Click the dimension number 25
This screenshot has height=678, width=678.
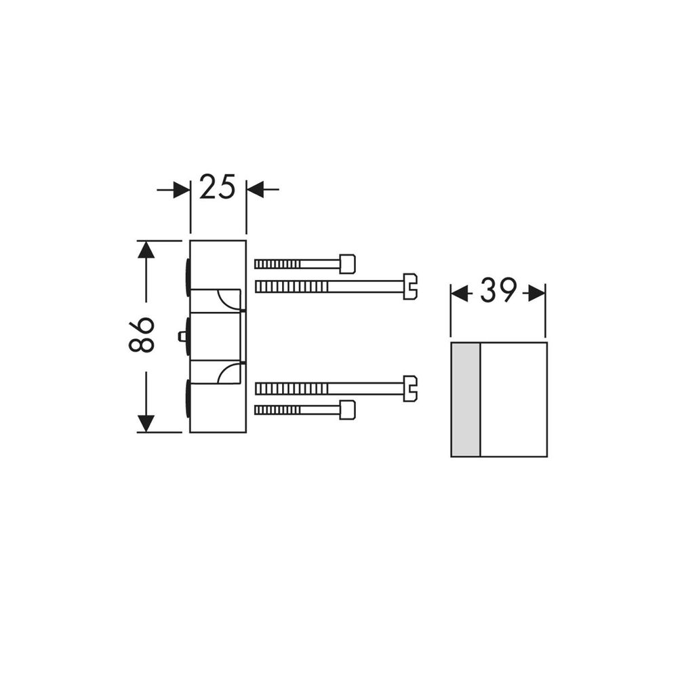(x=218, y=187)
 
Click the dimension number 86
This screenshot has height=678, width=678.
(x=142, y=335)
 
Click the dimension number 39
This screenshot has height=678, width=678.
(x=498, y=292)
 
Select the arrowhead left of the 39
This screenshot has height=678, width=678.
(x=460, y=293)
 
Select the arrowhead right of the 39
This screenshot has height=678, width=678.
(x=537, y=293)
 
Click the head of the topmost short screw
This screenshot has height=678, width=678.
(x=347, y=264)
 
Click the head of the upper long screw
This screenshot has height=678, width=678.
(x=410, y=286)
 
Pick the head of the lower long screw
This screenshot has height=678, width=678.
(x=410, y=388)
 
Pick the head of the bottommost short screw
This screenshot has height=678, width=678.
(x=347, y=410)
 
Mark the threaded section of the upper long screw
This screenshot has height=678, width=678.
(x=292, y=287)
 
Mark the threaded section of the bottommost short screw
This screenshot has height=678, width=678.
(x=277, y=410)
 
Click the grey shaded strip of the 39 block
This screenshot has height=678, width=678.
(x=466, y=399)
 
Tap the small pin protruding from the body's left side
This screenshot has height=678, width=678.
(x=182, y=336)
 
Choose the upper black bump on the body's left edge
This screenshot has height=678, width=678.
(x=187, y=276)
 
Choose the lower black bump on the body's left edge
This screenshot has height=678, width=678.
(x=187, y=399)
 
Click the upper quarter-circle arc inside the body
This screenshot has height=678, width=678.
(x=227, y=298)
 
